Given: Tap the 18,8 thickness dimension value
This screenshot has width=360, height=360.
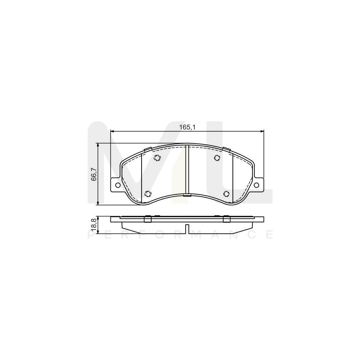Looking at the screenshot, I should (94, 224).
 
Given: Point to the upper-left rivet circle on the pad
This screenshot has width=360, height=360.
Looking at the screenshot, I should (157, 158).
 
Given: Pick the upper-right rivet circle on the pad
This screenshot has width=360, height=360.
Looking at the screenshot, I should (217, 158).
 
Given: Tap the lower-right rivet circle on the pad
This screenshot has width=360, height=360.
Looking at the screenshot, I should (226, 194).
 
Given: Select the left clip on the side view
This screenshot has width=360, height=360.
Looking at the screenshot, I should (147, 219).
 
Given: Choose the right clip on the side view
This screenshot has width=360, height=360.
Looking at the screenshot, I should (226, 219).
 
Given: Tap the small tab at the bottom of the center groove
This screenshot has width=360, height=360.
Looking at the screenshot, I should (187, 195).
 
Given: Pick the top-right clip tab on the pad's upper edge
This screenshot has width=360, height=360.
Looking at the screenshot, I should (226, 150).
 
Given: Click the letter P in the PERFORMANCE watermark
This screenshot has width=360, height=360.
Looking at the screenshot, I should (90, 235).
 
